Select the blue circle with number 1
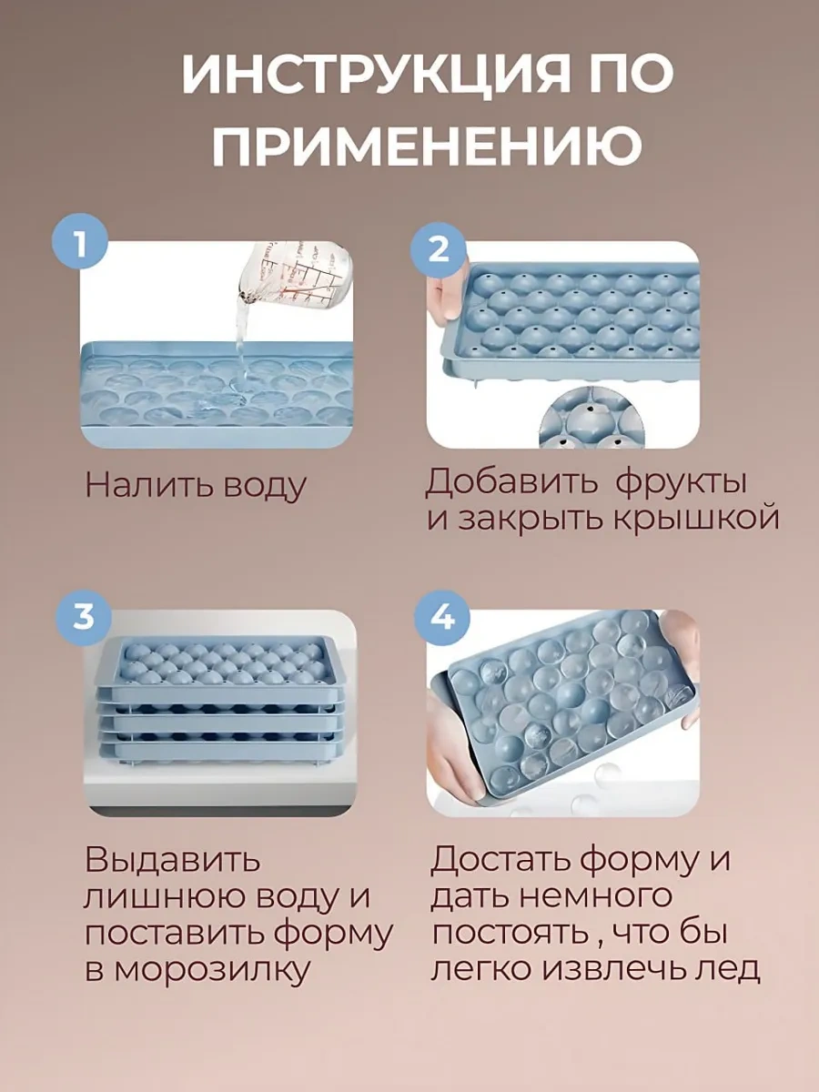80,241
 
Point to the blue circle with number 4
442,619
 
